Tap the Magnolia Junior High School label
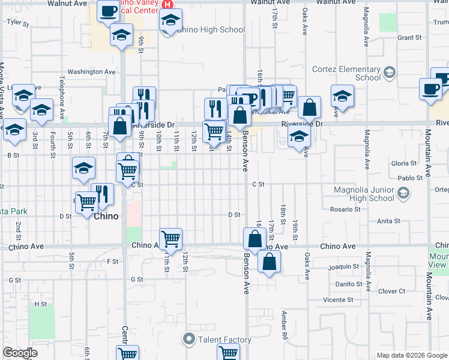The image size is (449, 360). (364, 194)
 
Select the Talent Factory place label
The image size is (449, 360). (225, 340)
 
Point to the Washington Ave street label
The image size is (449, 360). (91, 72)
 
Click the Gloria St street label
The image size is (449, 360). (403, 163)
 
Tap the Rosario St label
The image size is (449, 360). (345, 209)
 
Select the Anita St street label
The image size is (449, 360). (389, 221)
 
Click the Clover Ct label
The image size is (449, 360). (392, 292)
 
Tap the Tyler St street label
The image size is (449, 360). (17, 22)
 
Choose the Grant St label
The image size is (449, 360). (409, 38)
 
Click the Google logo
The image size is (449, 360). (20, 353)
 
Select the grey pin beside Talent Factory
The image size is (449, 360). (190, 340)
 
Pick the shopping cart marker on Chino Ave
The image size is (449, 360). (171, 238)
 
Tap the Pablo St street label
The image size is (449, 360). (411, 178)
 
